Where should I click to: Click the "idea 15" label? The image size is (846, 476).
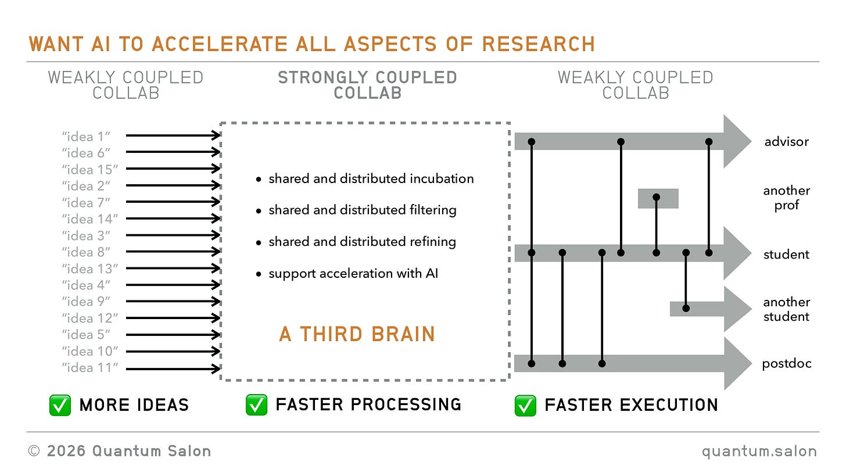pos(90,170)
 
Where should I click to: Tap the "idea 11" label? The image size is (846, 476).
pos(90,367)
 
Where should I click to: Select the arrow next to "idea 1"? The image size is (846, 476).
pos(173,135)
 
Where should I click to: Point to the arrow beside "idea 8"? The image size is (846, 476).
pos(173,252)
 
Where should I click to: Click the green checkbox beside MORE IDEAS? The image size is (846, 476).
pos(60,405)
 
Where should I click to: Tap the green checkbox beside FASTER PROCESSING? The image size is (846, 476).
pos(256,405)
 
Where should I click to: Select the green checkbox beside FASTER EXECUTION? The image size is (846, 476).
pos(525,405)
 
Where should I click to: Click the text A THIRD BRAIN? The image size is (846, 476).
pos(357,334)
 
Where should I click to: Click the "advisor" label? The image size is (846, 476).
pos(787,142)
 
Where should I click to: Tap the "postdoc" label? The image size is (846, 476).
pos(787,364)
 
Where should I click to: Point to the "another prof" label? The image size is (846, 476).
pos(787,198)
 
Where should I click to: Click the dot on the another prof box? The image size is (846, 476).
pos(657,197)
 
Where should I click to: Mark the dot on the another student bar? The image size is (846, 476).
pos(686,308)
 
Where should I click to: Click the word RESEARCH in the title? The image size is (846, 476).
pos(539,44)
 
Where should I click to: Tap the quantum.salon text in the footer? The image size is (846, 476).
pos(759,451)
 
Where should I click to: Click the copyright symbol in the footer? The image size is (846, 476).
pos(34,451)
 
